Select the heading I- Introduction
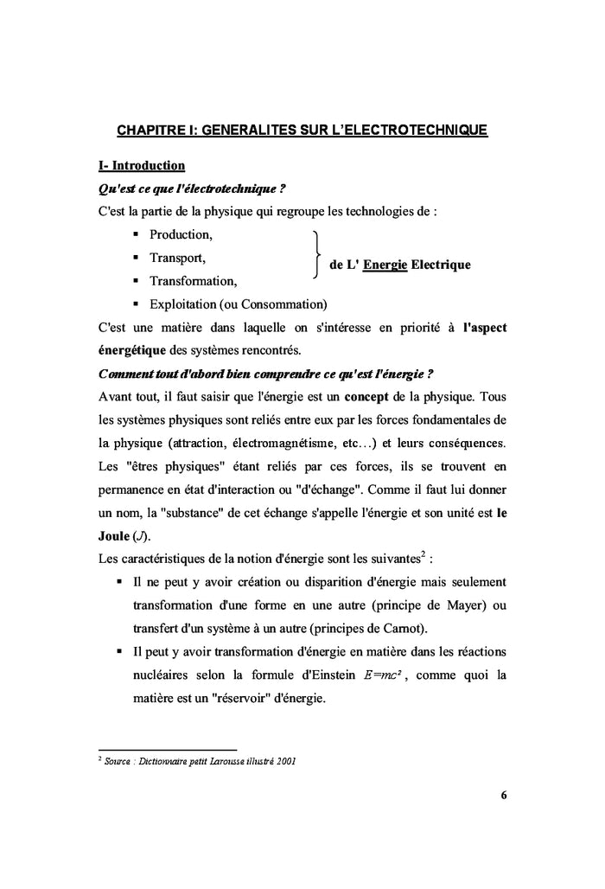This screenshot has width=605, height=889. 142,165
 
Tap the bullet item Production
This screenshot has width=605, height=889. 181,234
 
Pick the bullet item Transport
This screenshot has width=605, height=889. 177,258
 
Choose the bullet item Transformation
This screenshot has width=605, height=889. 193,281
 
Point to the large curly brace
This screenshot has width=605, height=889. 317,257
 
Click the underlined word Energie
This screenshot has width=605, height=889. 385,265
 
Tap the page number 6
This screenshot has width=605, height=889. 502,796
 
